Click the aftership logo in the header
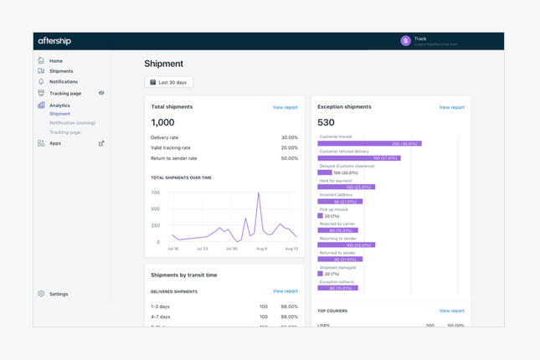pyautogui.click(x=54, y=41)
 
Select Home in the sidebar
pyautogui.click(x=55, y=61)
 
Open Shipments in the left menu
pyautogui.click(x=60, y=71)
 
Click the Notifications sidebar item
pyautogui.click(x=63, y=82)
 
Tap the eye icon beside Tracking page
pyautogui.click(x=101, y=94)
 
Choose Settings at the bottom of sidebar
pyautogui.click(x=58, y=294)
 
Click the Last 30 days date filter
pyautogui.click(x=168, y=82)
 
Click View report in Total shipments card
pyautogui.click(x=285, y=107)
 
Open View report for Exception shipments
pyautogui.click(x=451, y=107)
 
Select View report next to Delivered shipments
pyautogui.click(x=285, y=291)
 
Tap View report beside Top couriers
pyautogui.click(x=451, y=311)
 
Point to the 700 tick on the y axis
pyautogui.click(x=155, y=193)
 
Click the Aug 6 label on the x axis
pyautogui.click(x=261, y=249)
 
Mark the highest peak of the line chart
pyautogui.click(x=259, y=194)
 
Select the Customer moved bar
pyautogui.click(x=368, y=144)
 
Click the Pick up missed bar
pyautogui.click(x=320, y=216)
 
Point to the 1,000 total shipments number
pyautogui.click(x=162, y=123)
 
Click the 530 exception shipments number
pyautogui.click(x=326, y=123)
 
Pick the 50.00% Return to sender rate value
pyautogui.click(x=289, y=158)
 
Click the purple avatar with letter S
pyautogui.click(x=405, y=40)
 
